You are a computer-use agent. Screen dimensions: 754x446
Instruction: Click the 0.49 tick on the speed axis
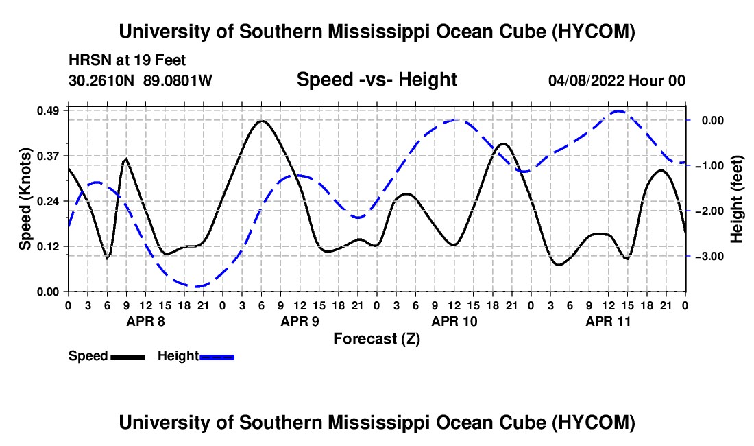(48, 110)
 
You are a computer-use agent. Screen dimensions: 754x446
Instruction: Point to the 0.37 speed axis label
(48, 156)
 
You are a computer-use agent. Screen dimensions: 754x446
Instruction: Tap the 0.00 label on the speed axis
(48, 292)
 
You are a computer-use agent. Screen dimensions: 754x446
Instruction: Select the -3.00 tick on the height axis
(709, 257)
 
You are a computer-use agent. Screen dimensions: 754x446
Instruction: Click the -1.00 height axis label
(709, 166)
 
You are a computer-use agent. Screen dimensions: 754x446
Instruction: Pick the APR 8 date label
(146, 321)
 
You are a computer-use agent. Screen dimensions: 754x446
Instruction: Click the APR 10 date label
(454, 321)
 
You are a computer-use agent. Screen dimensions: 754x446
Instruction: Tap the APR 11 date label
(608, 321)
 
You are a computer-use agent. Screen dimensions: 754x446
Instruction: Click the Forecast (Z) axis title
(377, 339)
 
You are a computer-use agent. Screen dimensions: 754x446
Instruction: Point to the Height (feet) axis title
(736, 199)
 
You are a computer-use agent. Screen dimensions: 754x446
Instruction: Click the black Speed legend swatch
(128, 357)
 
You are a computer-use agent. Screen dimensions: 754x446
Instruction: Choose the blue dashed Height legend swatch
(217, 357)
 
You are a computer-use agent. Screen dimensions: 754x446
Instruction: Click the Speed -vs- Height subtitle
(377, 80)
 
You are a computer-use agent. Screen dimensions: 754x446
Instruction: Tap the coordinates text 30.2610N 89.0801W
(141, 80)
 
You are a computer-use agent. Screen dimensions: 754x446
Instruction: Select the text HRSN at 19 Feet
(127, 60)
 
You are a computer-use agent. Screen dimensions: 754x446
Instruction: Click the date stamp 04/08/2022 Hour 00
(617, 80)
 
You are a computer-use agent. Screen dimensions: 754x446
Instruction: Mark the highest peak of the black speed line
(262, 121)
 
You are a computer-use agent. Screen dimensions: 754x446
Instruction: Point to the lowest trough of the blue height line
(196, 287)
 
